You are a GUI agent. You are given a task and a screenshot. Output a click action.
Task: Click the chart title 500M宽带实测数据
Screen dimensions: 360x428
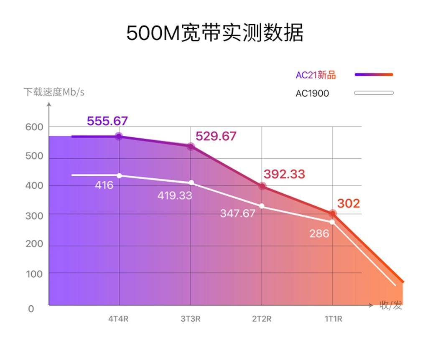[214, 33]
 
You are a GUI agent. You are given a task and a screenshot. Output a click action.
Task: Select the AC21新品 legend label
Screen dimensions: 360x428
[316, 75]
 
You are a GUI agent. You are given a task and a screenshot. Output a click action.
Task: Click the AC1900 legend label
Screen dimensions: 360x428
[312, 93]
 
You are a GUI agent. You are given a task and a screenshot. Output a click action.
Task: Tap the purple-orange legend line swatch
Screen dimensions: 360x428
[374, 75]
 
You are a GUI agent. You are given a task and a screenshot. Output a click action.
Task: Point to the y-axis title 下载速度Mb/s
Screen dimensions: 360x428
[53, 92]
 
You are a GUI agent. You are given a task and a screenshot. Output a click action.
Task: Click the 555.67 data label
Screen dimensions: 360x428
[107, 121]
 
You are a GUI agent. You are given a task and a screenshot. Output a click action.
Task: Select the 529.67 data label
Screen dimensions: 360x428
[216, 136]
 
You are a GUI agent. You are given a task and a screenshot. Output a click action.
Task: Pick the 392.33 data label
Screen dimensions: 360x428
[284, 174]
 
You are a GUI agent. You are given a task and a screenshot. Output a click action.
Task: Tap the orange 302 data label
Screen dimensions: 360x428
[348, 203]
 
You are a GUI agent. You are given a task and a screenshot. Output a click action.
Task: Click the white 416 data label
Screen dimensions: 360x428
[104, 185]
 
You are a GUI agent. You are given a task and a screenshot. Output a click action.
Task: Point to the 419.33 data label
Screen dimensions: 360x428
[175, 195]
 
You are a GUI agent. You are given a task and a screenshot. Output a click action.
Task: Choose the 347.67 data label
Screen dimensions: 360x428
[237, 213]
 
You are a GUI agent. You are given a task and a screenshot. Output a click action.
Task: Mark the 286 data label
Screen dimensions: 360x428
[319, 233]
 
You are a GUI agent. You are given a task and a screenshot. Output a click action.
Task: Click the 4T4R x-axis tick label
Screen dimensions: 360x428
[118, 319]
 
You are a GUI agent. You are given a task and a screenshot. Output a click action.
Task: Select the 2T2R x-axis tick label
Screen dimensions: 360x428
[262, 319]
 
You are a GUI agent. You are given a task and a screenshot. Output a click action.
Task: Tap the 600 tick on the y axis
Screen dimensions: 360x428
[34, 127]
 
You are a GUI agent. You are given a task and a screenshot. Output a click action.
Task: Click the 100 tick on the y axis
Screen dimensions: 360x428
[34, 274]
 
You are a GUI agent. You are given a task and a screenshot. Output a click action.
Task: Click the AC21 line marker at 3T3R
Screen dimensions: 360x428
[191, 147]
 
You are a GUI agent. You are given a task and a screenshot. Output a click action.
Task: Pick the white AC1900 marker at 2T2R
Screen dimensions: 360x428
[262, 206]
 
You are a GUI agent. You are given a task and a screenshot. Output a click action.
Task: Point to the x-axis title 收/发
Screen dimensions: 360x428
[390, 305]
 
